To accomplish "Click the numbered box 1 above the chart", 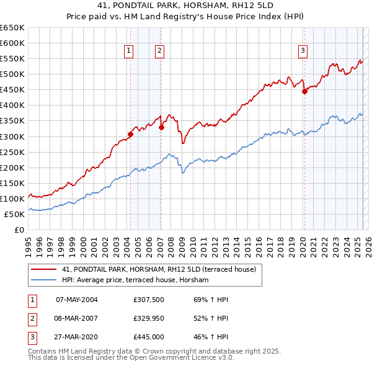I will click(128, 51).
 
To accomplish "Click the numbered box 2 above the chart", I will click(159, 51).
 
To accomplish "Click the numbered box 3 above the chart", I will click(303, 51).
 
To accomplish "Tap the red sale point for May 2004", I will click(130, 134).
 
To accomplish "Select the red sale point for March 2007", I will click(161, 127).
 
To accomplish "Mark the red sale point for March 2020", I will click(304, 91).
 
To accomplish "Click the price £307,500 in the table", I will click(149, 300).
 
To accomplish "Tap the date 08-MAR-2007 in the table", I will click(77, 318).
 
